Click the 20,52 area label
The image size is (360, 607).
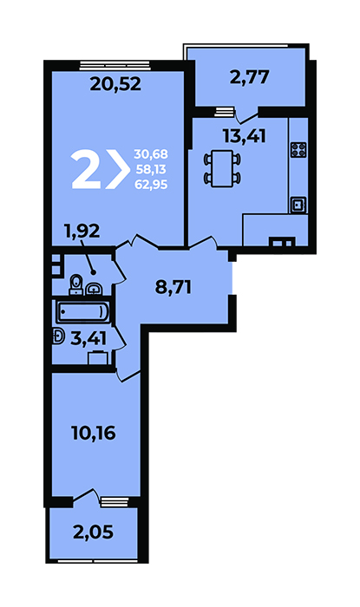tap(115, 84)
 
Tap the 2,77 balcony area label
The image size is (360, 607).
tap(249, 77)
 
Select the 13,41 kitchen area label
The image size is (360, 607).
tap(245, 136)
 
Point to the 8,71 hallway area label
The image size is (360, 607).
tap(173, 288)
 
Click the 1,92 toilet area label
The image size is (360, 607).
tap(82, 232)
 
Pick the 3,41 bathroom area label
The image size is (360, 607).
tap(88, 339)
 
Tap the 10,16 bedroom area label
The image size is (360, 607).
tap(94, 433)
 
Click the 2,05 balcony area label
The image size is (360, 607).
tap(94, 532)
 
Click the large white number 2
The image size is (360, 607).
tap(87, 170)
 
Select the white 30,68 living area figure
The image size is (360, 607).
tap(151, 154)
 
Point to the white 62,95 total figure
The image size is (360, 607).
tap(151, 184)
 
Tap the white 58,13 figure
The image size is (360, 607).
tap(151, 169)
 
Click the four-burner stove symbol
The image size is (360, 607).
tap(298, 150)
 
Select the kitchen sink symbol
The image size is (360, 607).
tap(298, 205)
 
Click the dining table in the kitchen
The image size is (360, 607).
tap(222, 169)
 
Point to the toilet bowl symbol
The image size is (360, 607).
tap(76, 284)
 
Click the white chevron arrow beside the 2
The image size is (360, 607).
tap(118, 170)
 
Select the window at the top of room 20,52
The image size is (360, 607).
tap(115, 65)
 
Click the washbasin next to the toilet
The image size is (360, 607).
tap(94, 289)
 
